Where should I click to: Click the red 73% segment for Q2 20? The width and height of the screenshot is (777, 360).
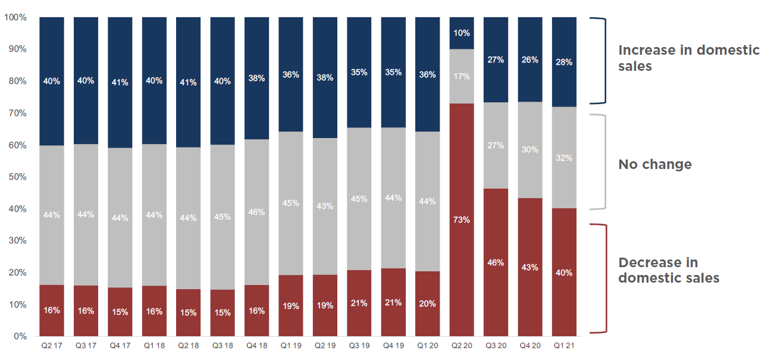(x=462, y=220)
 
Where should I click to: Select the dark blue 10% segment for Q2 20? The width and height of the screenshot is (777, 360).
(x=462, y=33)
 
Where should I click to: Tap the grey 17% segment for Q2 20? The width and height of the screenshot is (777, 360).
(x=462, y=76)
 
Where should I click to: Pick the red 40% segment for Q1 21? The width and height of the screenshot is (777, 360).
(x=564, y=273)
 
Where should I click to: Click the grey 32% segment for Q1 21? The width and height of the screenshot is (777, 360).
(x=564, y=158)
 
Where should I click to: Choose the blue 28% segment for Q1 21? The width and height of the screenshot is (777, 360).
(x=564, y=62)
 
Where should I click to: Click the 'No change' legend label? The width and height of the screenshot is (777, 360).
(x=655, y=164)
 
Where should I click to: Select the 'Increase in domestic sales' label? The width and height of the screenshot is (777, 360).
(x=689, y=58)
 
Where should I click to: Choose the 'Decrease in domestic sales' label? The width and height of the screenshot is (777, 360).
(x=669, y=270)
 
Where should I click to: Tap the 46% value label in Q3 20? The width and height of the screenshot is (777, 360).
(x=496, y=262)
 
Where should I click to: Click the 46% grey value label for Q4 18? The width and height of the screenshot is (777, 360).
(x=256, y=211)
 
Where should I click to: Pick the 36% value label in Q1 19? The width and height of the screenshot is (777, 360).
(x=291, y=75)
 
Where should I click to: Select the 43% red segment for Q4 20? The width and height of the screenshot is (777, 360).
(x=530, y=267)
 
